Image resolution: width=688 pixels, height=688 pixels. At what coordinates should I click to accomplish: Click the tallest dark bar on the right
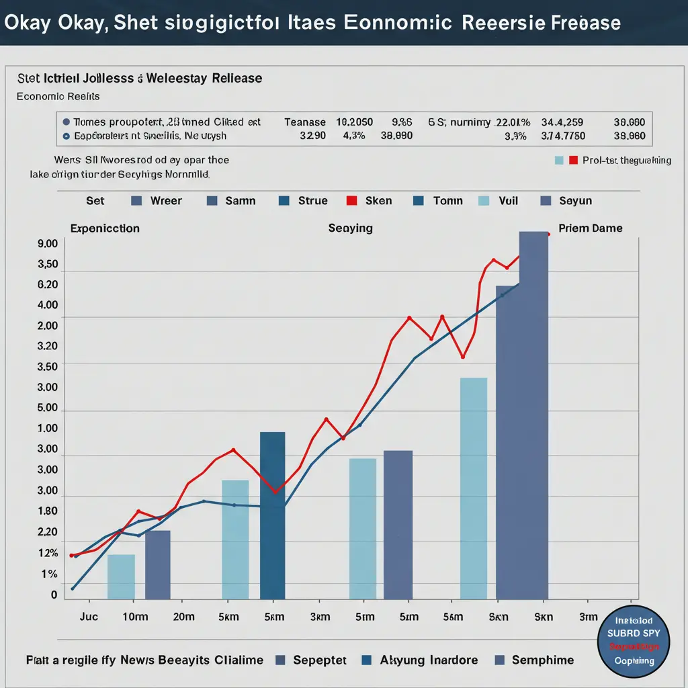coord(533,417)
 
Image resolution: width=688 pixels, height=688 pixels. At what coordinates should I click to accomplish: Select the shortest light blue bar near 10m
coord(121,576)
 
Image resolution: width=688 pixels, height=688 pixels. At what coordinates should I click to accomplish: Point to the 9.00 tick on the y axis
coord(48,244)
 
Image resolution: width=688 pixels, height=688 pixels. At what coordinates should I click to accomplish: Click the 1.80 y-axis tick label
coord(48,511)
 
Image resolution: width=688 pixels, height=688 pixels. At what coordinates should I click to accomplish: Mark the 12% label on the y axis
coord(49,554)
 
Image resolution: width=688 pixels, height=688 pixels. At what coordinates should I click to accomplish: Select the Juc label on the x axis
coord(89,617)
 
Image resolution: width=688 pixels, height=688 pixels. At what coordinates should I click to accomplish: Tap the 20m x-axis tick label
coord(183,617)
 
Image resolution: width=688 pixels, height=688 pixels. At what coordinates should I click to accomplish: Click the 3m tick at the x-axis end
coord(588,617)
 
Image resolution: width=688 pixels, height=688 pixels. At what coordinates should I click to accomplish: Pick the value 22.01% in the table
coord(513,122)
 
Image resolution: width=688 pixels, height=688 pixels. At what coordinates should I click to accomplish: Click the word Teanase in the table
coord(305,122)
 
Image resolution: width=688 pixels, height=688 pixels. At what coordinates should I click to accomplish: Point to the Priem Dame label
coord(591,228)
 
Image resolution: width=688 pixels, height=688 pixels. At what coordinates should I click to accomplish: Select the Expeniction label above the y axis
coord(105,228)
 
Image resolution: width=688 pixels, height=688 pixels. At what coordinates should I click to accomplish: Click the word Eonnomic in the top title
coord(397,23)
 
